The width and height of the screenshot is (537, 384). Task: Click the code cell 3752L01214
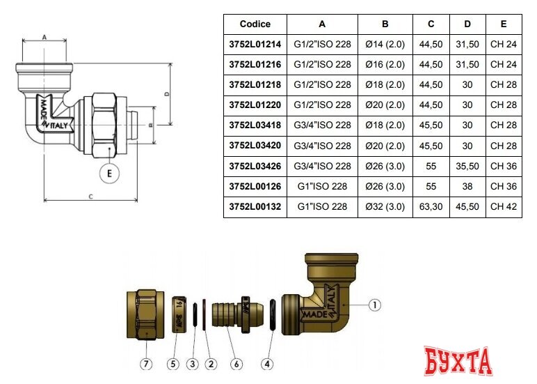pos(255,45)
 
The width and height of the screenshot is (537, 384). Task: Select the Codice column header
pos(255,24)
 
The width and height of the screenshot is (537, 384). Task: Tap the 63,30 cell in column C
pos(431,206)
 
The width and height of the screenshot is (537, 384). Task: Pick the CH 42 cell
pos(504,206)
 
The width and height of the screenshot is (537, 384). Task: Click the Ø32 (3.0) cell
pos(385,206)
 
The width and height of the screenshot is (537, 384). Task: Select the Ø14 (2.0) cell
pos(385,45)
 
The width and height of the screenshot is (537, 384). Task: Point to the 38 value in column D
pos(467,186)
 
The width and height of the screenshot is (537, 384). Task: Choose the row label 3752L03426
pos(255,166)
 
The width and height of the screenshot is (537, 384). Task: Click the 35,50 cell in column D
pos(467,166)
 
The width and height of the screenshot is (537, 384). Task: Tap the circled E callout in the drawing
pos(109,174)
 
